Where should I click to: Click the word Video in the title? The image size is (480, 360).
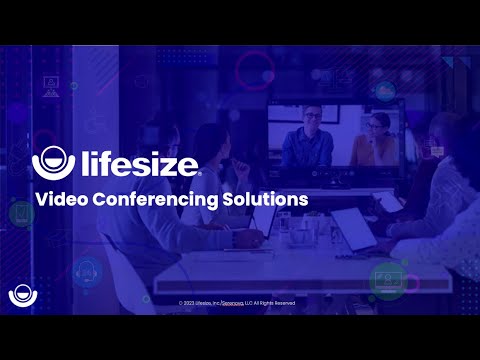pos(60,198)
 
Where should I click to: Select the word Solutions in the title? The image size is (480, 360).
pos(263,198)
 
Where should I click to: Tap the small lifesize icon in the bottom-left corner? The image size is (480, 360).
pos(19,296)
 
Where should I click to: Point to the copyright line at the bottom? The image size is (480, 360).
pos(237,302)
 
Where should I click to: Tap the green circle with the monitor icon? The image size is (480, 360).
pos(388,281)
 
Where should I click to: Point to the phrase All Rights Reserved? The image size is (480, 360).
pos(274,302)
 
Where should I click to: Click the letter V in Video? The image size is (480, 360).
pos(41,198)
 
